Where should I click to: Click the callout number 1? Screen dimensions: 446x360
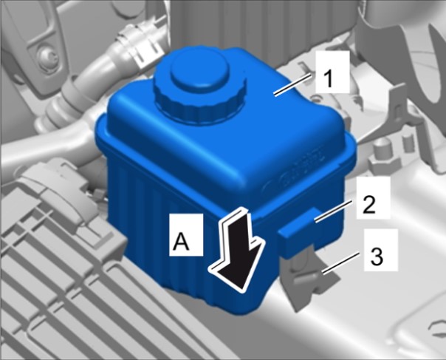[329, 79]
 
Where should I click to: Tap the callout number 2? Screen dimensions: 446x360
[369, 205]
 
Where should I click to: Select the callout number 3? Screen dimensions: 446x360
[377, 256]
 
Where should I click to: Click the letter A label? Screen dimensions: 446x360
[181, 241]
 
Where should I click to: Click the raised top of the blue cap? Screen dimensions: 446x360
[199, 68]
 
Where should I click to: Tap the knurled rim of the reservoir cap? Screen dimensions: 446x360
[199, 103]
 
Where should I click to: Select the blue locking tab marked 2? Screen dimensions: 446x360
[298, 228]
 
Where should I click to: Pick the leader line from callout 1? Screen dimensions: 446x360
[292, 84]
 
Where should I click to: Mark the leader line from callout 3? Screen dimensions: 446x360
[340, 264]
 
